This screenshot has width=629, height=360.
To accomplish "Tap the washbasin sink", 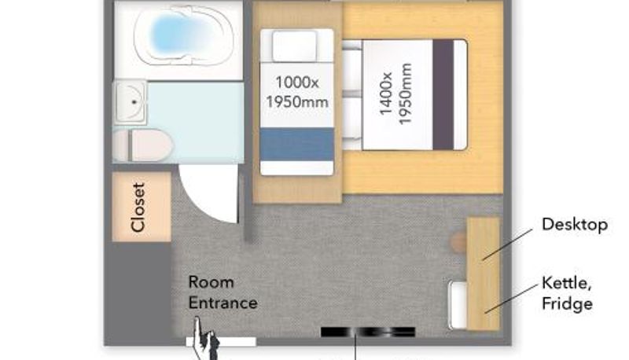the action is [x=131, y=102].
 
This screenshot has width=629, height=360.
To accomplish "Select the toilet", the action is [x=143, y=145].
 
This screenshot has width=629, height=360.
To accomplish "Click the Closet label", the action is [x=138, y=208].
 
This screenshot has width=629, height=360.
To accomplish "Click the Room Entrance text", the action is [x=223, y=292].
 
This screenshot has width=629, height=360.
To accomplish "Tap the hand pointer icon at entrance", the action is [x=205, y=339].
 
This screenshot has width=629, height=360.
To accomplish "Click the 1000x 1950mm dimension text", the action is [x=297, y=92].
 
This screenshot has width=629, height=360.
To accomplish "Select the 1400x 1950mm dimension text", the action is [x=395, y=94].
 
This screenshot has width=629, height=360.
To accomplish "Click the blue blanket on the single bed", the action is [x=297, y=145].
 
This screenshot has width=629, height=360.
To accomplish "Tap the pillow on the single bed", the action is [x=294, y=46].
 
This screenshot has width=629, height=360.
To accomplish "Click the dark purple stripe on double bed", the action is [x=443, y=94].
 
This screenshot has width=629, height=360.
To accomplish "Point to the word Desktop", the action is [x=575, y=225].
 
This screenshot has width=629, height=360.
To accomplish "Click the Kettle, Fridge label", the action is [x=567, y=293].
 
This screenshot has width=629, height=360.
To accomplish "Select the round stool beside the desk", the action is [x=459, y=242].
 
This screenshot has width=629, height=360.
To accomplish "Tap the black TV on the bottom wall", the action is [x=368, y=332].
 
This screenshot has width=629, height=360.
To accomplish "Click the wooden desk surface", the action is [x=484, y=274].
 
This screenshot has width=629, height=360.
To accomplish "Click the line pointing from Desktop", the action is [x=507, y=244].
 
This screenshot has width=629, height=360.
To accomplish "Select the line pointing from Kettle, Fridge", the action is [x=512, y=299].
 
